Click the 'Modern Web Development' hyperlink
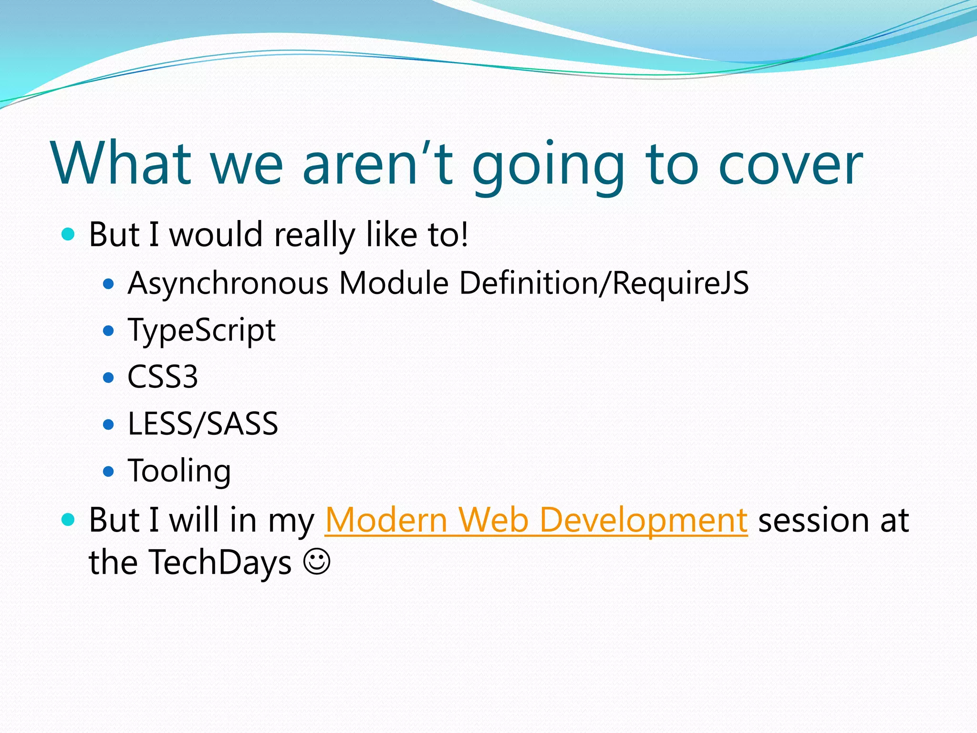coord(536,520)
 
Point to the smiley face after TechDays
coord(316,562)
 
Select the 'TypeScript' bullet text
coord(201,330)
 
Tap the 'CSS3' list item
coord(162,377)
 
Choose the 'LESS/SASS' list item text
coord(203,424)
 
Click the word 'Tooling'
coord(179,471)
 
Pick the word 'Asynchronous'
coord(228,283)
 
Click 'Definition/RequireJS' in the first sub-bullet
coord(603,283)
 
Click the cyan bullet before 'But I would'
coord(69,234)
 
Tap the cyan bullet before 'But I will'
coord(69,520)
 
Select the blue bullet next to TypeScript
coord(109,331)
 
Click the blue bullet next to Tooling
coord(109,471)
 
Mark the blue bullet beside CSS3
coord(109,377)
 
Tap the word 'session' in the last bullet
coord(813,520)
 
